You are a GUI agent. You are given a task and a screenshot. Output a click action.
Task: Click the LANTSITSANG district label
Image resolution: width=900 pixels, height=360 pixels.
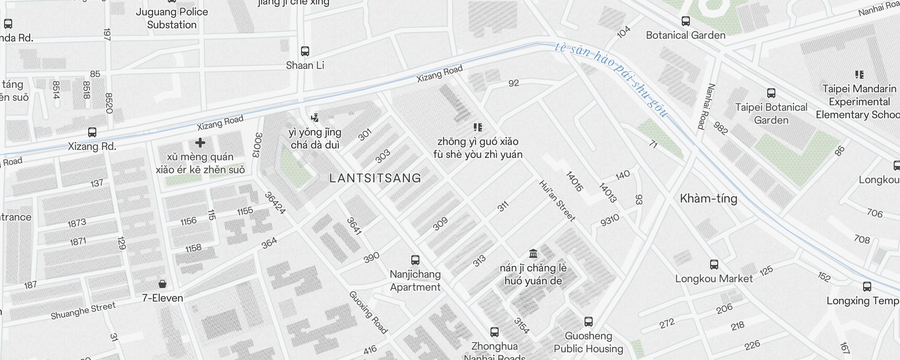pyautogui.click(x=375, y=178)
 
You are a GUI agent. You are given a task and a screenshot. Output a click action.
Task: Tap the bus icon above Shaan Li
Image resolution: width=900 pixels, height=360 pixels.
pyautogui.click(x=305, y=51)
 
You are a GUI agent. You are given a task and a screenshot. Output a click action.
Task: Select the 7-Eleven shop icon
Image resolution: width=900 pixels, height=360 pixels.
pyautogui.click(x=162, y=284)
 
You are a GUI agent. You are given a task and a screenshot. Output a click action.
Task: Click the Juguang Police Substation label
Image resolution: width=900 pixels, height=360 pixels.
pyautogui.click(x=172, y=18)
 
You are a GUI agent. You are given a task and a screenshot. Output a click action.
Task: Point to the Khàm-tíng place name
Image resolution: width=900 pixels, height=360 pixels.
pyautogui.click(x=708, y=198)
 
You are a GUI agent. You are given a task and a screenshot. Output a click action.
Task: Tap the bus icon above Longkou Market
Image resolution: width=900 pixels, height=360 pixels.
pyautogui.click(x=714, y=265)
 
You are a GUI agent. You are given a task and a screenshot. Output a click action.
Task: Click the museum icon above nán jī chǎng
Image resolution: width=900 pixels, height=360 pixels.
pyautogui.click(x=533, y=254)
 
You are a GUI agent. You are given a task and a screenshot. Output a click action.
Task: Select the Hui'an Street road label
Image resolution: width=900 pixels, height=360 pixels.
pyautogui.click(x=557, y=201)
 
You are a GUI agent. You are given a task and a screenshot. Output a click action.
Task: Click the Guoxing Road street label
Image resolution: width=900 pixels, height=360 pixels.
pyautogui.click(x=368, y=312)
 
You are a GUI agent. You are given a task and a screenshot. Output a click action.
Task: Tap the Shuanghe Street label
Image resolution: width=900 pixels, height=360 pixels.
pyautogui.click(x=83, y=311)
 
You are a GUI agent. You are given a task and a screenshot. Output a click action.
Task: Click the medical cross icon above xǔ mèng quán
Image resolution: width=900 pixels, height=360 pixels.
pyautogui.click(x=200, y=143)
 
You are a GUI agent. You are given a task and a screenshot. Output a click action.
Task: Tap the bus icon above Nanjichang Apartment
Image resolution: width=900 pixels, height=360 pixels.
pyautogui.click(x=415, y=260)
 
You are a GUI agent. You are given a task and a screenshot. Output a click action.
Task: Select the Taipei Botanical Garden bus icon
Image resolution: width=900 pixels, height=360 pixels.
pyautogui.click(x=771, y=93)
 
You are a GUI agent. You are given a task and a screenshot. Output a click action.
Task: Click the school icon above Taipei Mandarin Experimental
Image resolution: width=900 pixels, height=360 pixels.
pyautogui.click(x=859, y=75)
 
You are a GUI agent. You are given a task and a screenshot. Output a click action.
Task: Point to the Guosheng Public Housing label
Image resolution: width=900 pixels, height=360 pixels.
pyautogui.click(x=588, y=342)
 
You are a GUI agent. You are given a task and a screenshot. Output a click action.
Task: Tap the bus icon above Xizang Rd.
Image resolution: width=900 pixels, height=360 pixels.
pyautogui.click(x=92, y=132)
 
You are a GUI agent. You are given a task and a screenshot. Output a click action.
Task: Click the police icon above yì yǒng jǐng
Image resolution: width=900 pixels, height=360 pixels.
pyautogui.click(x=315, y=118)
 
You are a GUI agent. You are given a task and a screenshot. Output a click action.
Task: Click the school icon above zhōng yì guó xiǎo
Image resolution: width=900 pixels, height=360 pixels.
pyautogui.click(x=478, y=127)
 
